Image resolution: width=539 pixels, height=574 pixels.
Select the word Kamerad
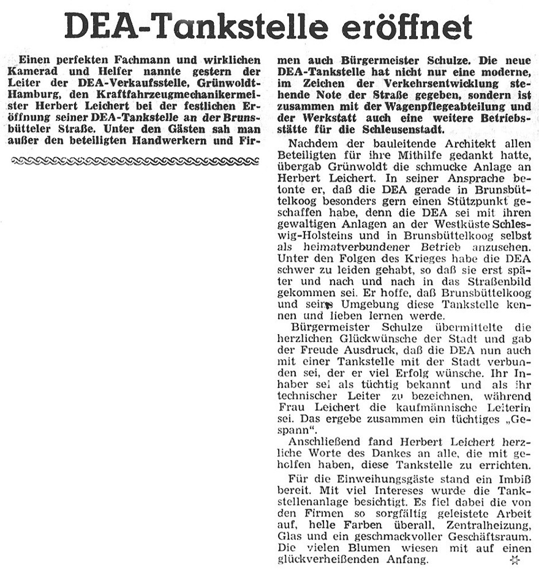tap(34, 71)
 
